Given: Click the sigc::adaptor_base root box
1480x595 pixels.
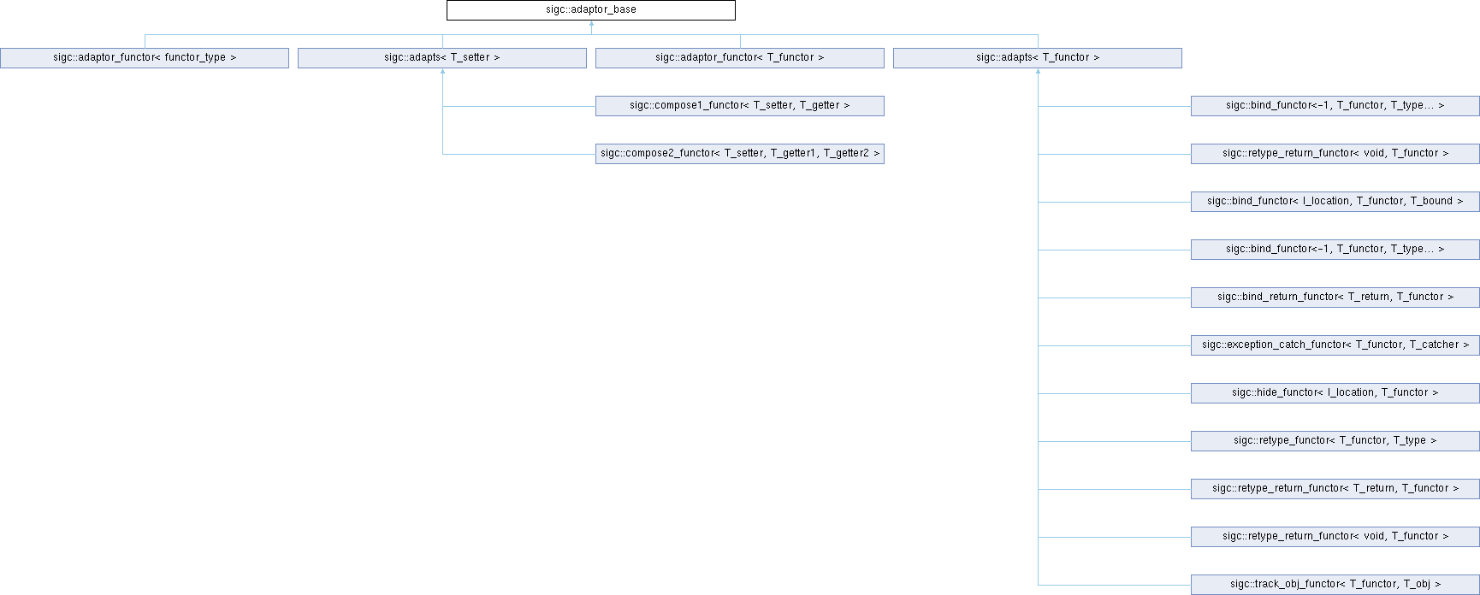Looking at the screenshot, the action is (590, 10).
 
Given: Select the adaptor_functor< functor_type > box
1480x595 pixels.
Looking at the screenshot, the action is (145, 58).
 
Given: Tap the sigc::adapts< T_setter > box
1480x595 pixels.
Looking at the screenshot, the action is (442, 58).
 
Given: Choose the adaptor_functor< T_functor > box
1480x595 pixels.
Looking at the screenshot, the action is (740, 58).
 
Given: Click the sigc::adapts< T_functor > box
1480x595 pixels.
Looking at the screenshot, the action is (1038, 58).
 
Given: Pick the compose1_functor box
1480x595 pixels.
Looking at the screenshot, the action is (740, 106).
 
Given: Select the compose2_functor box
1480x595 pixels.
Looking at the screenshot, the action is (740, 154).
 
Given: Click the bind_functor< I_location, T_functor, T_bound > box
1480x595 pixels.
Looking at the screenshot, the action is (1335, 202).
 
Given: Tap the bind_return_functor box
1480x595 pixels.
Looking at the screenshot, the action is (1335, 297).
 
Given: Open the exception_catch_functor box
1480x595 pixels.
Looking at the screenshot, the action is (1335, 345).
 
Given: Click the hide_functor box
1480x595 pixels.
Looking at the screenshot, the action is (1335, 393).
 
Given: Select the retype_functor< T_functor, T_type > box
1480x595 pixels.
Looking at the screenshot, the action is (1335, 441).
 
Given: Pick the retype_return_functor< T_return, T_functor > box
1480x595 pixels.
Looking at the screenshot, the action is (1335, 489).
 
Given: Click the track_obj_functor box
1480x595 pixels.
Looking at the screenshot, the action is (1335, 585).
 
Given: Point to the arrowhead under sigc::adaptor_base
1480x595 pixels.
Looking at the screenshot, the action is (591, 24).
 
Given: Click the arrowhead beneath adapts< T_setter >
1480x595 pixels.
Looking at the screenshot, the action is (442, 72).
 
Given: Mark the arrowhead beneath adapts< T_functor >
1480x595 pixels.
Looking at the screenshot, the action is (1038, 72).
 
